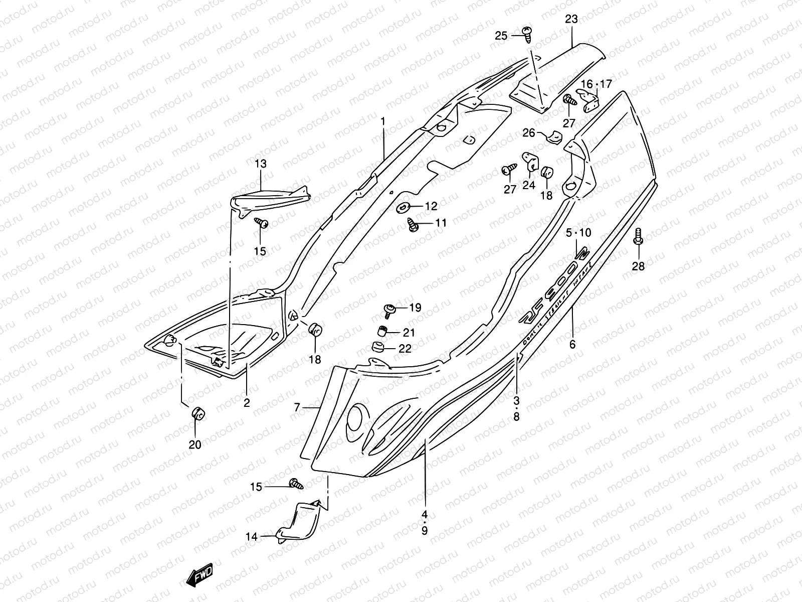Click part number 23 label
571,20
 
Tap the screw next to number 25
527,34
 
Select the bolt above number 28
638,236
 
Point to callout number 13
261,164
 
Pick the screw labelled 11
413,224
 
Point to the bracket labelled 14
299,522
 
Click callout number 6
572,344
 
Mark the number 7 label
297,408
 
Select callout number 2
247,402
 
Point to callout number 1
383,121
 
